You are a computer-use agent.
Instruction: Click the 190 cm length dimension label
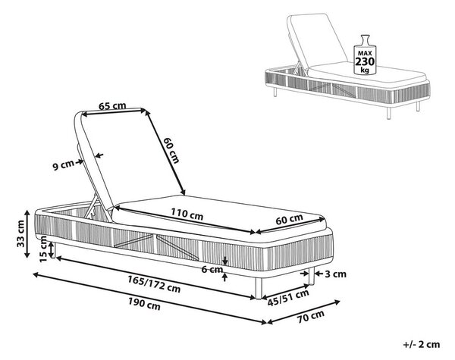click(144, 305)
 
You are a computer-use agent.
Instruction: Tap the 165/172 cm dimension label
click(154, 284)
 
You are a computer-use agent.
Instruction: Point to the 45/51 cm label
click(288, 298)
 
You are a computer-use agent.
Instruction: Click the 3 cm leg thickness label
click(335, 274)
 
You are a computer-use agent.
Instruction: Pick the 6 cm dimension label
click(212, 270)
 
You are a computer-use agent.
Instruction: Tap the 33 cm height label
click(20, 233)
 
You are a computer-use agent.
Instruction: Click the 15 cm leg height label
click(43, 249)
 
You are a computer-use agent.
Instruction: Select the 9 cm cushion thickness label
click(63, 165)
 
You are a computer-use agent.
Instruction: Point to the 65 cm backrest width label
click(112, 105)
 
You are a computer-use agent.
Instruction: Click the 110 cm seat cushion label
click(187, 214)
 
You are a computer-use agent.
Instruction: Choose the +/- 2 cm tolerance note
click(422, 344)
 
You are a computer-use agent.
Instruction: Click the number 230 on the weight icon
click(365, 61)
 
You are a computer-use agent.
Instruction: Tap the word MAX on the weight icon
click(365, 53)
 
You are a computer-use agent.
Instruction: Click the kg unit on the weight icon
click(365, 70)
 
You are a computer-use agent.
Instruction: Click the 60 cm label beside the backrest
click(171, 150)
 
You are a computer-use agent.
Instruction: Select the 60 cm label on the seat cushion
click(289, 219)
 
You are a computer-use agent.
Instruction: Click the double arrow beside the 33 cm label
click(27, 234)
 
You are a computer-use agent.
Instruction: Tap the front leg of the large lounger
click(259, 287)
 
